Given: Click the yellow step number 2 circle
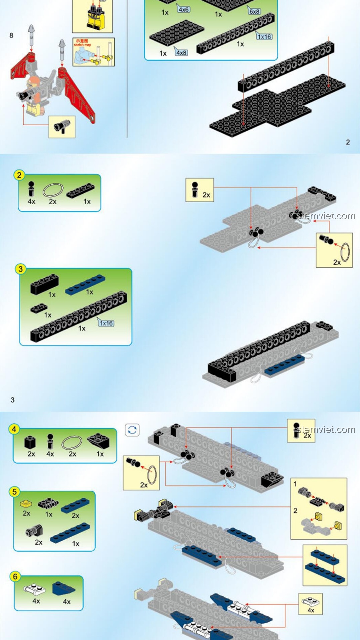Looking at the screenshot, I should [19, 175].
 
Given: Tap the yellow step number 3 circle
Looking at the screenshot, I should [21, 269].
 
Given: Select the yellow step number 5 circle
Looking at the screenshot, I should [14, 492].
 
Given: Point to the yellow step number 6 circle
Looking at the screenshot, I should [15, 576].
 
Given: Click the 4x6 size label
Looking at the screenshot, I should [183, 9].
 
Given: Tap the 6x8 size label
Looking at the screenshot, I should [254, 11].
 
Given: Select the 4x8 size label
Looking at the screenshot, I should [181, 52].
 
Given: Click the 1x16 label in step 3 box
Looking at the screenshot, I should [106, 323].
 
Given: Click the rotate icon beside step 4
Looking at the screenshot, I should [132, 430].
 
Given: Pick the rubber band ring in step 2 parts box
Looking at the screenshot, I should [53, 190].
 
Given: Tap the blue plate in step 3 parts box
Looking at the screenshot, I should [85, 285].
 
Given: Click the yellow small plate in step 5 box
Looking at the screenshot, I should [26, 504].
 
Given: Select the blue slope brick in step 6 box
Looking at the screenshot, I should [63, 588].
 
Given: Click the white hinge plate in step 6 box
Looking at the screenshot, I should [35, 590].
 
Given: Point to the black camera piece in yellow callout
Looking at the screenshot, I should [62, 126].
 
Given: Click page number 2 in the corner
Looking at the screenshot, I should [348, 142].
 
